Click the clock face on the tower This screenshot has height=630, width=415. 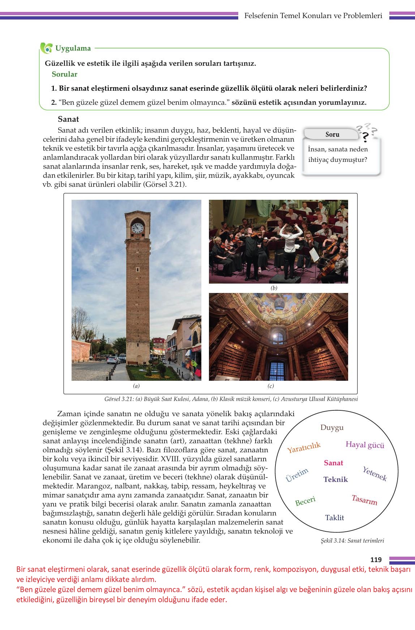pyautogui.click(x=137, y=228)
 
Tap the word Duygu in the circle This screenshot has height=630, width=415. pyautogui.click(x=332, y=428)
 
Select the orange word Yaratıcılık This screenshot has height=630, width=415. pyautogui.click(x=304, y=448)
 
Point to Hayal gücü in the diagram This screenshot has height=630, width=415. pyautogui.click(x=365, y=445)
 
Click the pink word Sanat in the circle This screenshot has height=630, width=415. pyautogui.click(x=333, y=463)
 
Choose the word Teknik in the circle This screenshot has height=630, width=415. pyautogui.click(x=335, y=479)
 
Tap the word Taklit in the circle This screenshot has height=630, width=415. pyautogui.click(x=334, y=518)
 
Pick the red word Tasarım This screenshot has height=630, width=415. pyautogui.click(x=364, y=500)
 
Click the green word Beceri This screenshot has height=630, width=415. pyautogui.click(x=305, y=501)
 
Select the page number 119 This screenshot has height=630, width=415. pyautogui.click(x=376, y=560)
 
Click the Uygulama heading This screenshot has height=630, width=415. pyautogui.click(x=73, y=48)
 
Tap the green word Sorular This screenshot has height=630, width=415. pyautogui.click(x=64, y=74)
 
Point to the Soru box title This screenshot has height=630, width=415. pyautogui.click(x=332, y=134)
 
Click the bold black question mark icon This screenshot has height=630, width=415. pyautogui.click(x=365, y=137)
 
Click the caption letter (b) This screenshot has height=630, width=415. pyautogui.click(x=274, y=288)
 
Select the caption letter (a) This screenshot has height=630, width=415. pyautogui.click(x=136, y=386)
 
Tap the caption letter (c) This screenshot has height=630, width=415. pyautogui.click(x=270, y=386)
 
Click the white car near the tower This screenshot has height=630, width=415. pyautogui.click(x=114, y=360)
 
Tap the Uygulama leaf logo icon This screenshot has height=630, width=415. pyautogui.click(x=46, y=48)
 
